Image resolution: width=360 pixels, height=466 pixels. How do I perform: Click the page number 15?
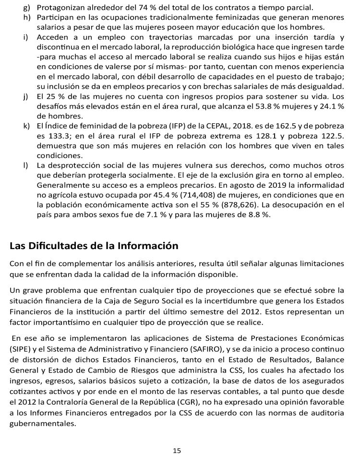tap(177, 451)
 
